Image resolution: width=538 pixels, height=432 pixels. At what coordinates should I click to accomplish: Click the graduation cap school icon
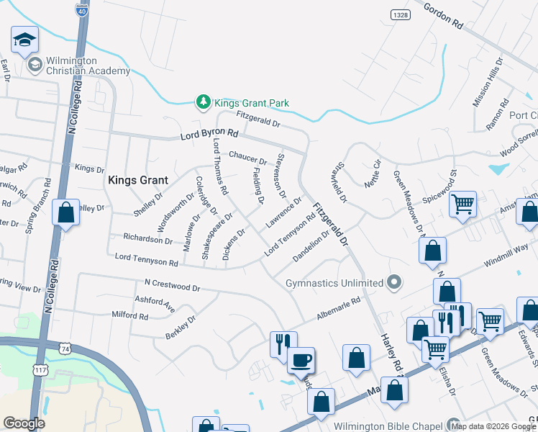[x=24, y=40]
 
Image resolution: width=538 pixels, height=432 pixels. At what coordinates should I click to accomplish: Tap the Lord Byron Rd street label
[x=209, y=134]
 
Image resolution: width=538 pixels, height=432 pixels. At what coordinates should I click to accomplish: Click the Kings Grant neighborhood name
[x=137, y=181]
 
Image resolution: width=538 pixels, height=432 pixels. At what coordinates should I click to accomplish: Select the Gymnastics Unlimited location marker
[x=393, y=282]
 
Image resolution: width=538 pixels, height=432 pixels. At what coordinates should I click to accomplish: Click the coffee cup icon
[x=301, y=359]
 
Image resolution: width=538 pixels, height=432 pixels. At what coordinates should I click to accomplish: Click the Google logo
[x=24, y=423]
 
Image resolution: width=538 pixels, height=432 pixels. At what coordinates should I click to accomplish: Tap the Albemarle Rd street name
[x=338, y=310]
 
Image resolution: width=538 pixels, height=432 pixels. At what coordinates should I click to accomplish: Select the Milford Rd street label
[x=130, y=315]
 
